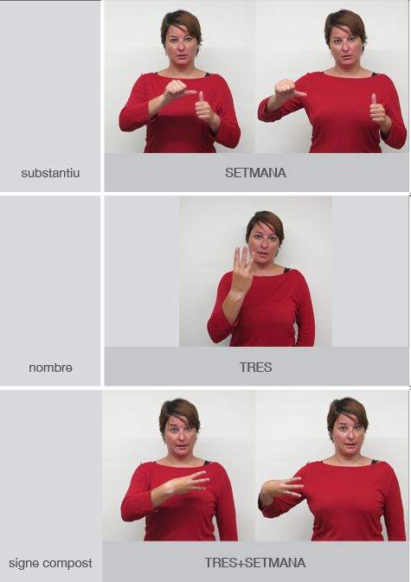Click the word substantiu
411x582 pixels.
coord(50,173)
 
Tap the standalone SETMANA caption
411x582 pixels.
coord(255,173)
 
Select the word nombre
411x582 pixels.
coord(50,368)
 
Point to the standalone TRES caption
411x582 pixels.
coord(256,367)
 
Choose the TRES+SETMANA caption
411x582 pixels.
coord(255,563)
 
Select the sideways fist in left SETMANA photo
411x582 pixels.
coord(177,91)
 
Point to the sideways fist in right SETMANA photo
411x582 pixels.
coord(289,89)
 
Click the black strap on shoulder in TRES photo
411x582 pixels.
coord(287,270)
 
